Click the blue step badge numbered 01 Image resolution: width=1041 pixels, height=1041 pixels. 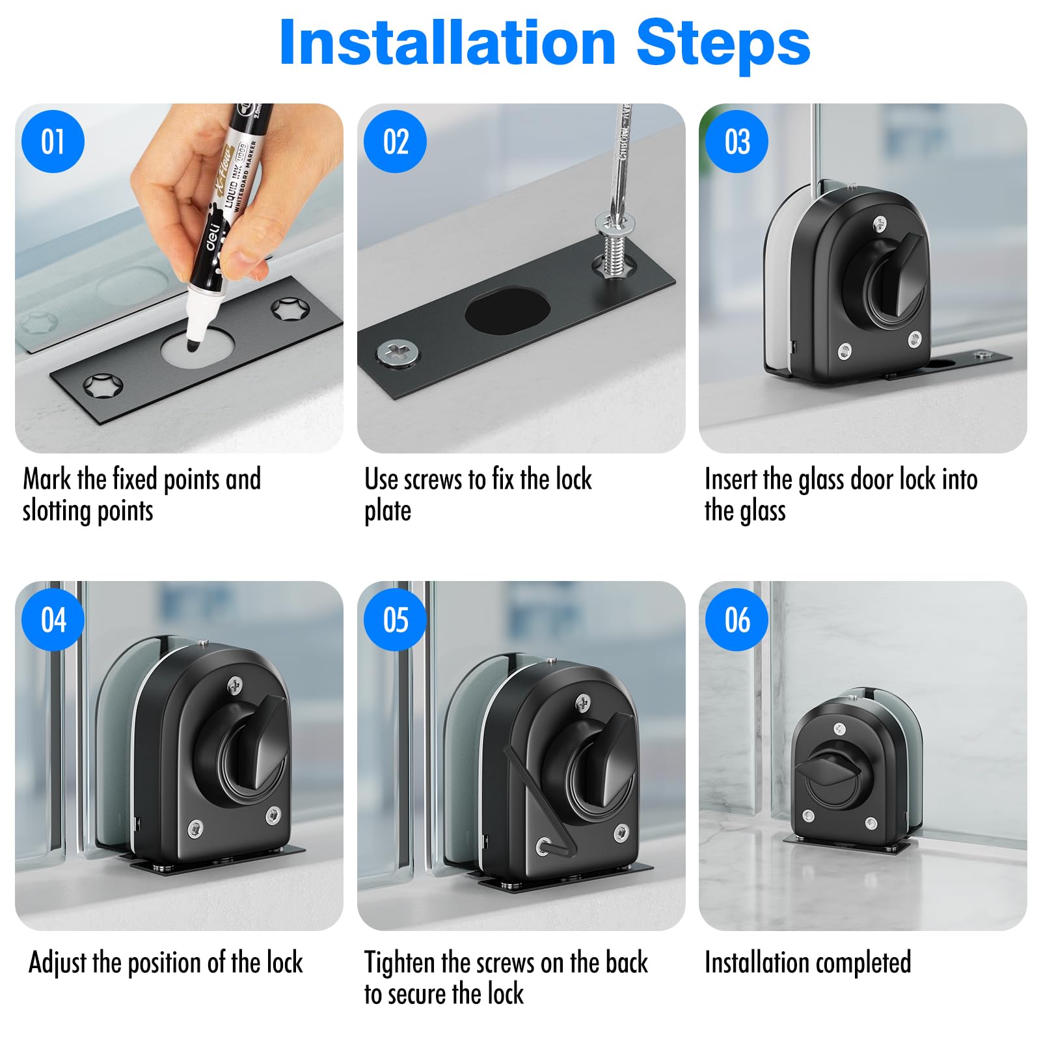point(53,142)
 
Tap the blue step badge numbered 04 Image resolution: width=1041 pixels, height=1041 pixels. point(53,619)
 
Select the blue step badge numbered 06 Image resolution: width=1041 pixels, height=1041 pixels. point(737,619)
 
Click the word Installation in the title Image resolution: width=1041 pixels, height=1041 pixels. point(448,43)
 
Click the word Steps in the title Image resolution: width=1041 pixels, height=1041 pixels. point(723,43)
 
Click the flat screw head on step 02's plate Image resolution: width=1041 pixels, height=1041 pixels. point(398,354)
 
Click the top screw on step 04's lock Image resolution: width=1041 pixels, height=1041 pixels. point(236,684)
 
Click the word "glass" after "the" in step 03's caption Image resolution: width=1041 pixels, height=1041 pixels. point(761,511)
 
